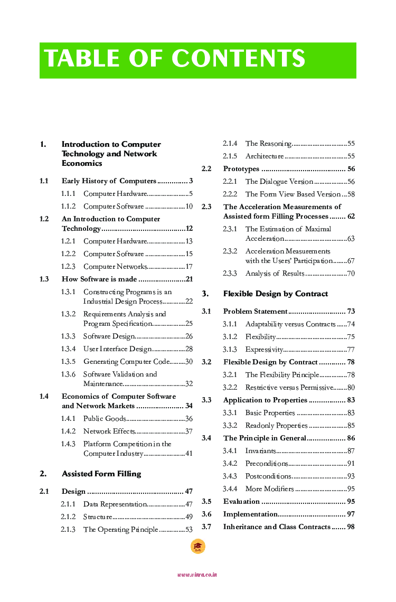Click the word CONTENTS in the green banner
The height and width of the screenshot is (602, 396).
239,59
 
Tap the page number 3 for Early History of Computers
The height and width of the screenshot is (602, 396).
190,181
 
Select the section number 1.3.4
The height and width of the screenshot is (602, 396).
68,349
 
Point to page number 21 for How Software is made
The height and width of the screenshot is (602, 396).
189,279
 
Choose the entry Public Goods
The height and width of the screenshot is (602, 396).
105,419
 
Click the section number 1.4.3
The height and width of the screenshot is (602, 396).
68,444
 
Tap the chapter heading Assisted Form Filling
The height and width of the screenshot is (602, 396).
101,474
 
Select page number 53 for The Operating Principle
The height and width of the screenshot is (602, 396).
189,530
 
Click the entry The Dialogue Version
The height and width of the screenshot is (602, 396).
279,182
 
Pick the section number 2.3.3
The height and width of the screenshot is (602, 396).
230,274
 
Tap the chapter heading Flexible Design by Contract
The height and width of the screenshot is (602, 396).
276,294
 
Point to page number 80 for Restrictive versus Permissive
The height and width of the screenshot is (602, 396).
351,388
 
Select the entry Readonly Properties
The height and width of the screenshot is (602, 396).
276,426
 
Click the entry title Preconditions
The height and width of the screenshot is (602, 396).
267,464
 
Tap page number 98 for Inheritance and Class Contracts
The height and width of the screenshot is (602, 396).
351,527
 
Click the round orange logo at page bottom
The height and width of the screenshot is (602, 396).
197,547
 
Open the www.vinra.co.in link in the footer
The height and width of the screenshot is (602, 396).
197,575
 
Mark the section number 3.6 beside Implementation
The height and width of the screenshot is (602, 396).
206,514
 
